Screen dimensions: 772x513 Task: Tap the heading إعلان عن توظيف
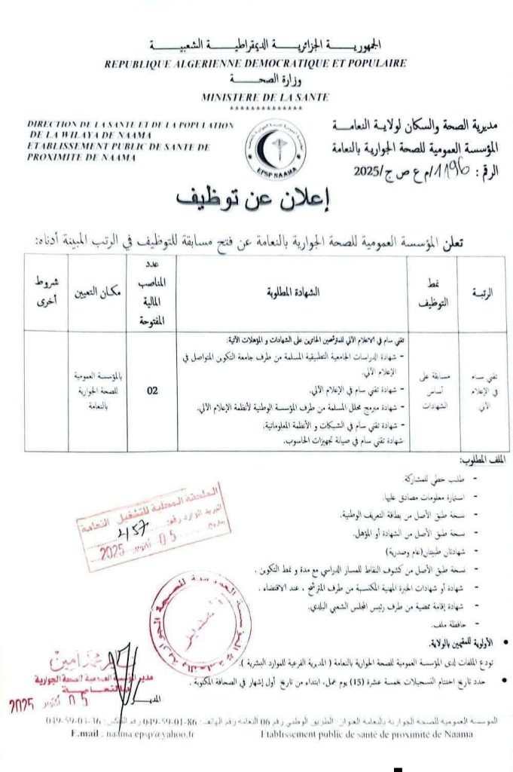(x=255, y=197)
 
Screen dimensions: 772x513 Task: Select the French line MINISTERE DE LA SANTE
(x=255, y=96)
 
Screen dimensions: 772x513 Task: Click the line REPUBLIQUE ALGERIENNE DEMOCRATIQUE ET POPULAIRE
(x=255, y=65)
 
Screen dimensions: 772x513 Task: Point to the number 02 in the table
(x=152, y=391)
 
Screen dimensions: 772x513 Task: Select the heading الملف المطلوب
(x=482, y=460)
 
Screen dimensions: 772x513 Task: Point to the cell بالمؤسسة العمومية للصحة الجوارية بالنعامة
(x=98, y=391)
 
